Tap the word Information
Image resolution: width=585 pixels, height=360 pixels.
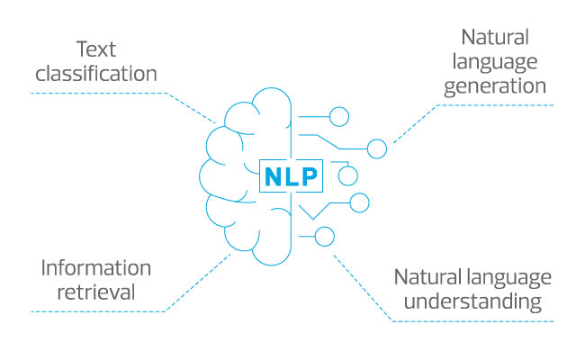(x=96, y=267)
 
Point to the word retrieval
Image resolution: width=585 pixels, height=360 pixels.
(x=96, y=292)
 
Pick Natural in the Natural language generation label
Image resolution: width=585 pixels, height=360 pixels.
(x=495, y=38)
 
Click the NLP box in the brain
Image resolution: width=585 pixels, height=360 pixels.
(x=290, y=176)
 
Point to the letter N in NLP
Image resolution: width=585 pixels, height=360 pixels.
(x=273, y=176)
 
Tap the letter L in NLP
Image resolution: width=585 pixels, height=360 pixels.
(x=290, y=176)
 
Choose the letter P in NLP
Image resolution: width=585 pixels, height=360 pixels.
(x=307, y=176)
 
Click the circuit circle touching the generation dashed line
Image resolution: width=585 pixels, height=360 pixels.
(x=377, y=148)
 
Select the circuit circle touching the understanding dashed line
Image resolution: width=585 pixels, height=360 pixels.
(x=325, y=237)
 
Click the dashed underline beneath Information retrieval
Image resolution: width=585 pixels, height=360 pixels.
(x=99, y=312)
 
